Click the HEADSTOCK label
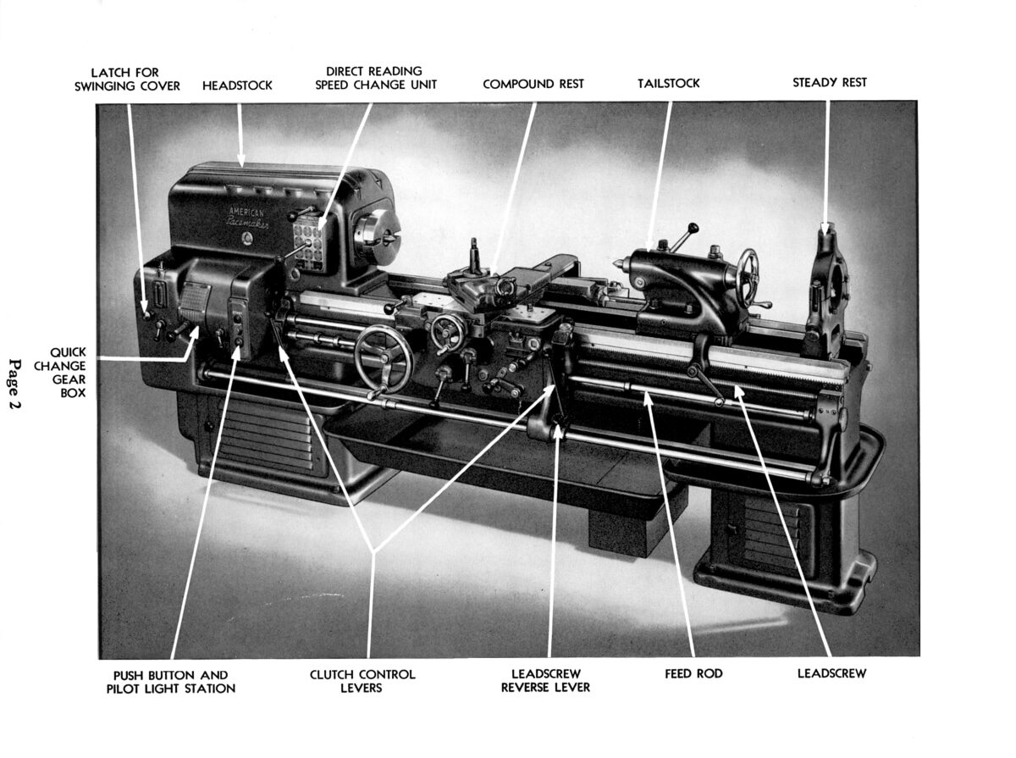(237, 86)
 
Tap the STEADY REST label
(829, 83)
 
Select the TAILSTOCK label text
(668, 84)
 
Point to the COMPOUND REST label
(533, 84)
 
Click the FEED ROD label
(693, 674)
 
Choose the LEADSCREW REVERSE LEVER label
(545, 681)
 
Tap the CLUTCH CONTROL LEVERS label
(362, 681)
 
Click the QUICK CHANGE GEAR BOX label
(67, 372)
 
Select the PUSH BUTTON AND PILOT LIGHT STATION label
(171, 682)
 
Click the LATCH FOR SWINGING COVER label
(127, 79)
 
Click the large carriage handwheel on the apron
(384, 358)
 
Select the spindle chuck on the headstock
(377, 230)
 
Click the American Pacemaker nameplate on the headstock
(246, 216)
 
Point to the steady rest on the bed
(825, 288)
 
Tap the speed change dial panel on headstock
(309, 243)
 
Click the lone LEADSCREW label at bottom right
(831, 674)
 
